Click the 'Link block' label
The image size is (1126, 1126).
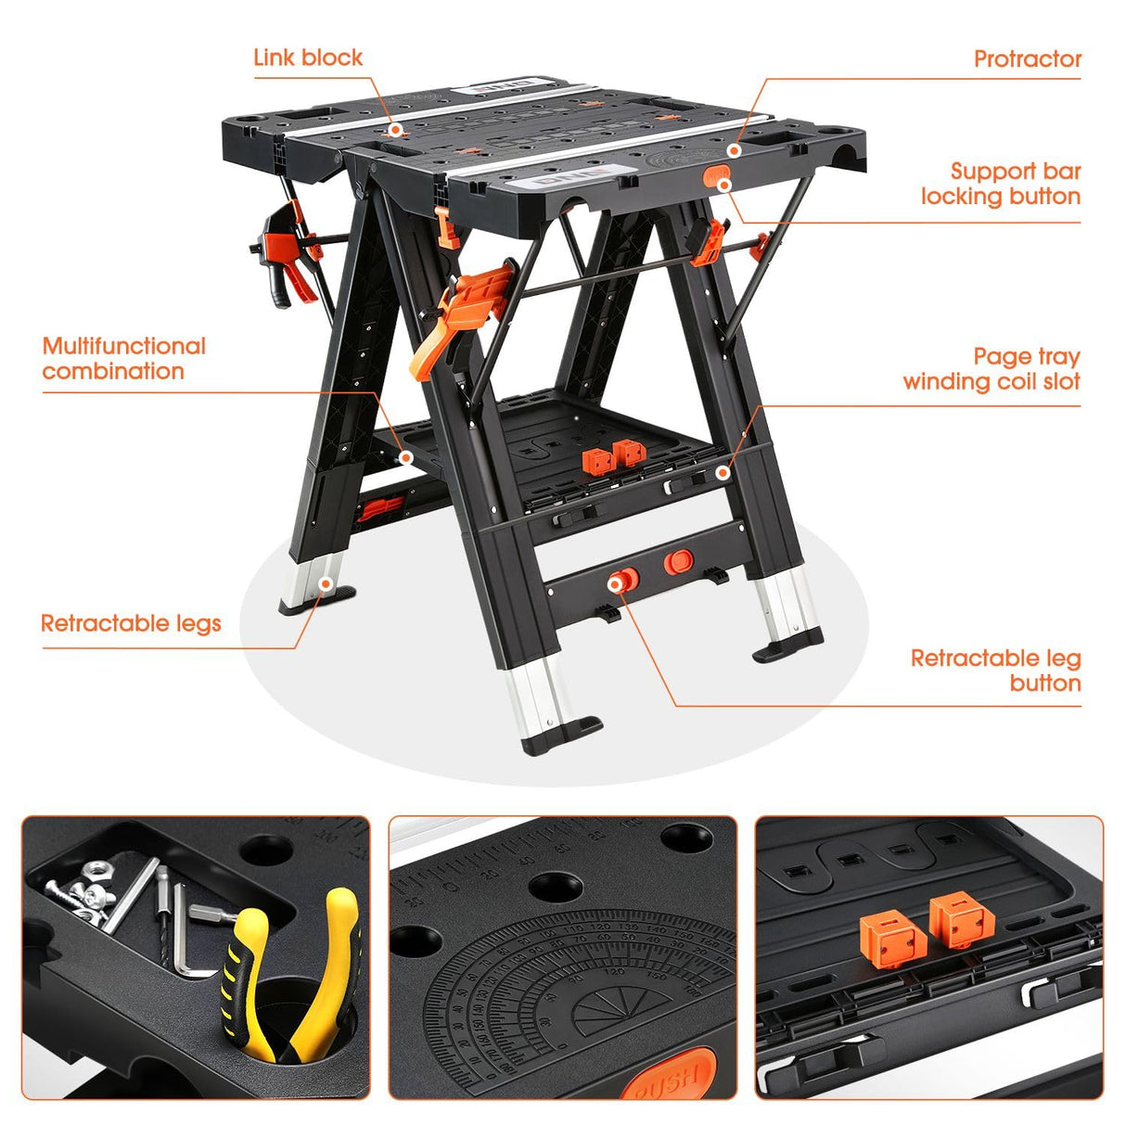point(308,58)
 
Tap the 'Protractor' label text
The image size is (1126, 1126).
point(1027,59)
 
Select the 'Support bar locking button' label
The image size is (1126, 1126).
point(1001,184)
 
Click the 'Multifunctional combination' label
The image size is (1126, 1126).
point(123,359)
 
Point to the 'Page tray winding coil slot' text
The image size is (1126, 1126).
point(992,369)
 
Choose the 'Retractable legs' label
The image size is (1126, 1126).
point(131,623)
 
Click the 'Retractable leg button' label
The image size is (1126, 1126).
point(995,671)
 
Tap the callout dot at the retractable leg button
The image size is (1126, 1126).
point(616,582)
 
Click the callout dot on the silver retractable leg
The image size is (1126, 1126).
point(325,583)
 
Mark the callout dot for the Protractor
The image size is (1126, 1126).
point(734,150)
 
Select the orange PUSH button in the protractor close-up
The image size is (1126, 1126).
point(668,1076)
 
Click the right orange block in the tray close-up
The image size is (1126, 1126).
point(963,922)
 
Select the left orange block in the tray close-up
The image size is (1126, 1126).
point(893,940)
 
